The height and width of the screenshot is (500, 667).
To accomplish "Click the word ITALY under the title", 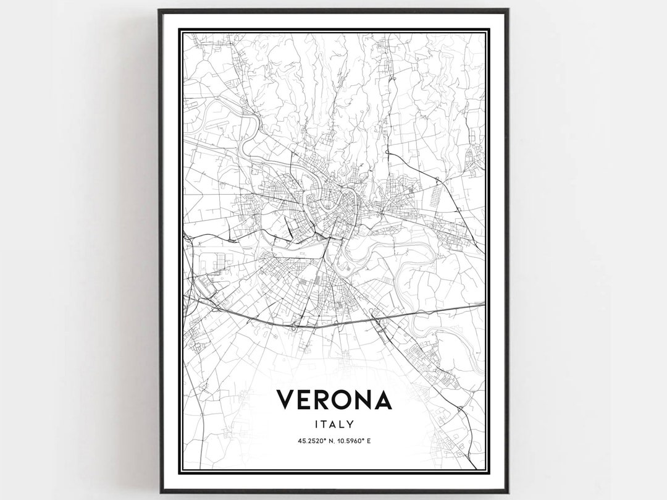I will [x=333, y=424].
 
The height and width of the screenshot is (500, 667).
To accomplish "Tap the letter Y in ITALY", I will [x=351, y=424].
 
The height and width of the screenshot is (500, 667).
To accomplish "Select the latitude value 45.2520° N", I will [x=312, y=441].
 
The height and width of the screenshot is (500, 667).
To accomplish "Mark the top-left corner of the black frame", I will [x=159, y=10].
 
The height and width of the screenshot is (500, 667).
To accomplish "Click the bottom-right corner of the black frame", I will [x=508, y=492].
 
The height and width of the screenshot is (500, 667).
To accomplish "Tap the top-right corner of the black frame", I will [x=508, y=10].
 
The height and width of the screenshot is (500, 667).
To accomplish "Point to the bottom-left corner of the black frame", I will [x=159, y=492].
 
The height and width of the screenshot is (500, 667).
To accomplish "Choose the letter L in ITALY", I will [x=342, y=424].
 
